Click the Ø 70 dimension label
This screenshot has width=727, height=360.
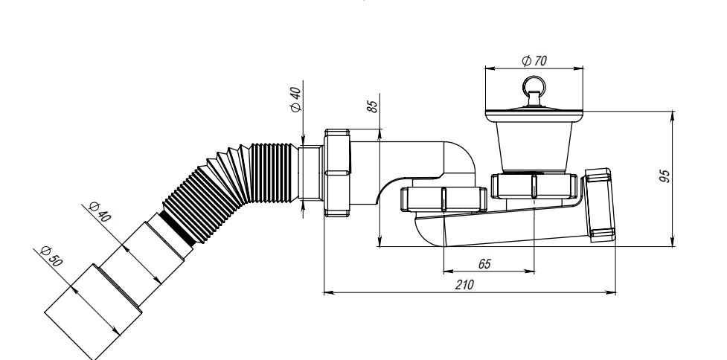(x=534, y=61)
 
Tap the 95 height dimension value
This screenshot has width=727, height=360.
(x=664, y=176)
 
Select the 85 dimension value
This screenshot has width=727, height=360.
(x=372, y=106)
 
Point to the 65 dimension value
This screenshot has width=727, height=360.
(x=484, y=264)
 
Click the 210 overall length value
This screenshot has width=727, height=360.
(x=464, y=284)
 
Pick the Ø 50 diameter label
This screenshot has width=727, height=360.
(x=51, y=256)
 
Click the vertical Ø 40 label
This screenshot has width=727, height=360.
(x=295, y=100)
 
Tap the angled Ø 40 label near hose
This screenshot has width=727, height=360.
(x=100, y=212)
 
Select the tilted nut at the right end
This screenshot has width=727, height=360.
(x=600, y=205)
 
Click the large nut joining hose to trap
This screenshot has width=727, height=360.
(x=337, y=173)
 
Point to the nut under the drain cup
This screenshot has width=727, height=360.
(x=534, y=186)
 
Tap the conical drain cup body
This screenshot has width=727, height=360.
(x=534, y=146)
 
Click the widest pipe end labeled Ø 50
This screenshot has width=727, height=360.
(x=93, y=311)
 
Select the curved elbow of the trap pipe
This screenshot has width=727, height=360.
(x=460, y=158)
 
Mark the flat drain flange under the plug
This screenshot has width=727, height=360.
(x=534, y=115)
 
